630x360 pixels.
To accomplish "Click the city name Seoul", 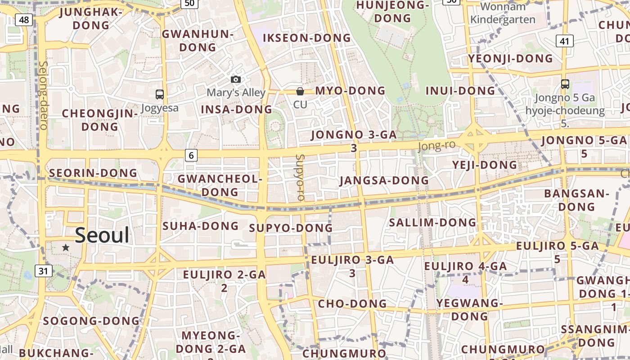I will point(102,235).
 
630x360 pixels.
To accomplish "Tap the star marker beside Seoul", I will point(66,247).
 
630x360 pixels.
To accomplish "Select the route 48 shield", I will point(24,20).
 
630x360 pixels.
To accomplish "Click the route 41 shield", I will point(565,41).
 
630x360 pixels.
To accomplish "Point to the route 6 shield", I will point(191,155).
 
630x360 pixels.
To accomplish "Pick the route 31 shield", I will point(43,271).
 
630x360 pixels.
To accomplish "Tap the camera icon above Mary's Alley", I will point(235,80).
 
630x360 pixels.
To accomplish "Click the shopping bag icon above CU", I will point(300,91).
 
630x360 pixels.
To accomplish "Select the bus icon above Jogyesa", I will point(159,94).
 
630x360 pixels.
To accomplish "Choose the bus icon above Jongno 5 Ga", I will point(565,84).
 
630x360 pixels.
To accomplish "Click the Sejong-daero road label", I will point(43,95).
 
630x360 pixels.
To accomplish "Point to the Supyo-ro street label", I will point(300,177).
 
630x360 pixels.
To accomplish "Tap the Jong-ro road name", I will point(436,146).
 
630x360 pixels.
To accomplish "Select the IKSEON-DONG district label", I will point(306,38).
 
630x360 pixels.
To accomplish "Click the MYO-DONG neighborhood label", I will point(350,91).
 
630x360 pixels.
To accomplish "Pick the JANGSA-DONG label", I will point(384,180).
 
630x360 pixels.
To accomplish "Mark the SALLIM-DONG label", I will point(432,222).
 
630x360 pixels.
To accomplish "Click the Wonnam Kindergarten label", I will point(503,13).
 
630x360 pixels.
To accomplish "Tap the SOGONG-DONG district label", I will point(91,321).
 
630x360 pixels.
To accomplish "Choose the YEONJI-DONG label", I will point(510,58).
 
